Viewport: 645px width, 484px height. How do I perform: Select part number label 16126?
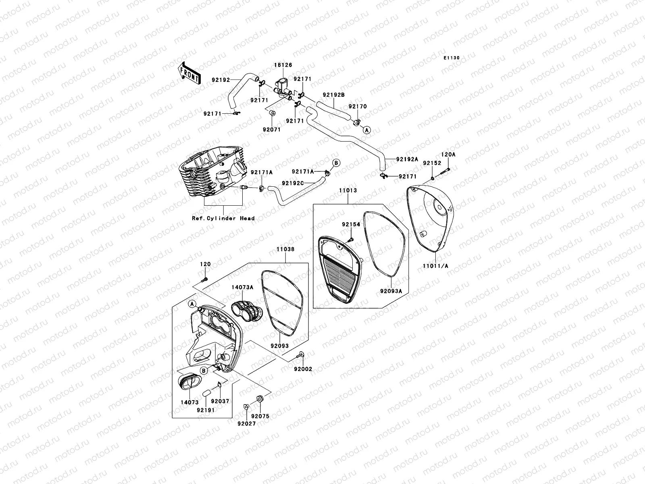click(284, 65)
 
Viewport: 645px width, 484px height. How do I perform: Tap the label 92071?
click(271, 130)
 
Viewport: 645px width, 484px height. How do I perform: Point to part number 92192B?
click(333, 96)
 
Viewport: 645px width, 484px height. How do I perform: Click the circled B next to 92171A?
click(337, 163)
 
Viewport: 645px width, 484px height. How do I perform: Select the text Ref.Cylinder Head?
click(223, 218)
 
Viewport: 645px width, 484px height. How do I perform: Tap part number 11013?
click(348, 190)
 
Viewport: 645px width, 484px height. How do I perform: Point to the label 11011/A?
click(435, 266)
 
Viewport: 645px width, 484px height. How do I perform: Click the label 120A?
click(448, 154)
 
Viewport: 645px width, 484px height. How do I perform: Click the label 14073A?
click(242, 288)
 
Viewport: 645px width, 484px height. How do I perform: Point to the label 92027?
click(246, 423)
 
